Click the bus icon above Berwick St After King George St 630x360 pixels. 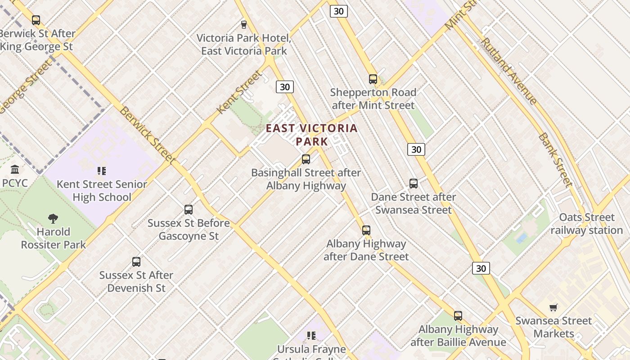36,20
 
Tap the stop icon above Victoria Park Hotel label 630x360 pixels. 244,24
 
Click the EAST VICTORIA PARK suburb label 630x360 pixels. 311,135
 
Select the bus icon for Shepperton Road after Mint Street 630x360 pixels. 373,79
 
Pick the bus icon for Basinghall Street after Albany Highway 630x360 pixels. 306,159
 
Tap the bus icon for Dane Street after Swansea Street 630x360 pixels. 414,184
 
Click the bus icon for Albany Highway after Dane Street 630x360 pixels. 366,230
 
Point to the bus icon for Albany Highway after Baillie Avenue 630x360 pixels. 458,316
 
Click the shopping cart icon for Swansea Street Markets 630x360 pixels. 553,308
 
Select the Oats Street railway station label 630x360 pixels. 587,224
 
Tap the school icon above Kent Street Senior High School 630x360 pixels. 102,171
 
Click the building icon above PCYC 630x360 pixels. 15,170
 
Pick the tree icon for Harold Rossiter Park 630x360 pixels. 53,219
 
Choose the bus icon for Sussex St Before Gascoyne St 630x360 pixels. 189,210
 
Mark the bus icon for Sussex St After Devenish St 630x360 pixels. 136,262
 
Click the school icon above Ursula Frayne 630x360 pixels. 311,336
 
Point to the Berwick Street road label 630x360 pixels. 147,135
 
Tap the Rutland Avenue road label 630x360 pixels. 508,71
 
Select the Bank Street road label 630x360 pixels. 555,160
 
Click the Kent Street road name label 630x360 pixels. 239,92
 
